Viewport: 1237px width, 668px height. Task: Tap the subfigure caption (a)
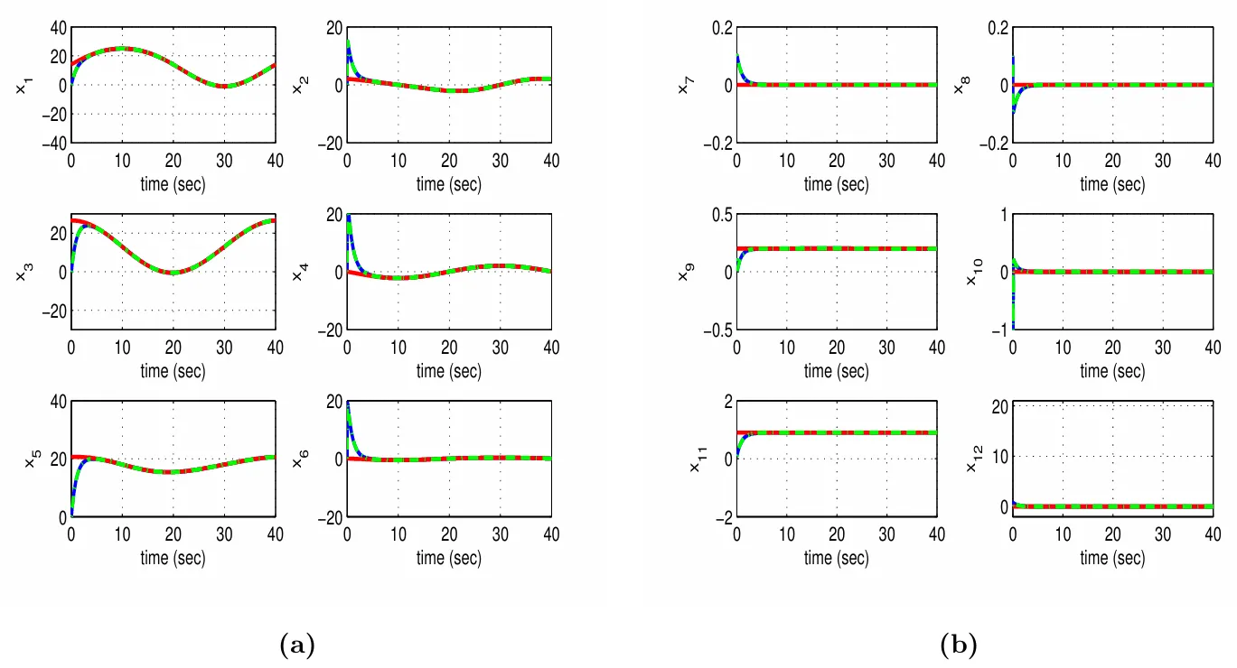(x=298, y=645)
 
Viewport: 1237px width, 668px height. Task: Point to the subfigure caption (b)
(x=959, y=645)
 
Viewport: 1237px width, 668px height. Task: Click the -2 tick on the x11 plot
(x=720, y=516)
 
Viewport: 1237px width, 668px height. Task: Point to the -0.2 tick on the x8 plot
(x=990, y=143)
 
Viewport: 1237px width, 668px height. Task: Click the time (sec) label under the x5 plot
(x=173, y=558)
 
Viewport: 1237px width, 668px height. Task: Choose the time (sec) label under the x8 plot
(x=1112, y=184)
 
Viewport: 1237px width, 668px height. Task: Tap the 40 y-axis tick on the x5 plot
(x=56, y=401)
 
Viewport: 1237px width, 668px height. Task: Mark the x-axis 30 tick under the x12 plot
(x=1163, y=534)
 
